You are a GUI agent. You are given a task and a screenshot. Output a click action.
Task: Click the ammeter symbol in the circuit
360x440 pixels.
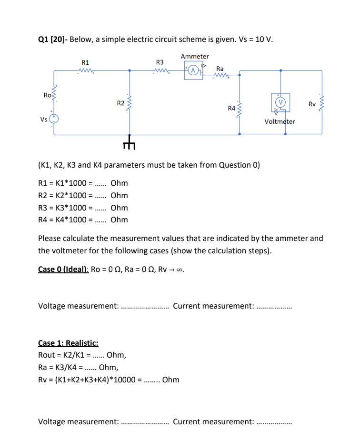(x=193, y=71)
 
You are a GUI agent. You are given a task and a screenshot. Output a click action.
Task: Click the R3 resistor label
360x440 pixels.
(x=160, y=62)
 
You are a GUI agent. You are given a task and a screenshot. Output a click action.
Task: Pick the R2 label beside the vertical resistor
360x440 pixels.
(x=121, y=103)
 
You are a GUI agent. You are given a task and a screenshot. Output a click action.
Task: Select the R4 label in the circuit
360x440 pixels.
(x=231, y=109)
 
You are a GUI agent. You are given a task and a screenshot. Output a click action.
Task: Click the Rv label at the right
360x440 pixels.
(x=312, y=104)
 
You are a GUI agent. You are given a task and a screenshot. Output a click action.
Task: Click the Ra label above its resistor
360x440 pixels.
(x=220, y=68)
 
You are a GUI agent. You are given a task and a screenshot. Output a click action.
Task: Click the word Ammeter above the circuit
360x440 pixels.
(x=195, y=57)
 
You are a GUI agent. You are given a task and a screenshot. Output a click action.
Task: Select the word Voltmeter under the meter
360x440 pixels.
(x=280, y=121)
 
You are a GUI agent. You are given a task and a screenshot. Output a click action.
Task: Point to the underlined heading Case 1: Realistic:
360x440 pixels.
(x=68, y=343)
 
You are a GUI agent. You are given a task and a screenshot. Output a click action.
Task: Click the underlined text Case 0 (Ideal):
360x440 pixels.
(x=63, y=269)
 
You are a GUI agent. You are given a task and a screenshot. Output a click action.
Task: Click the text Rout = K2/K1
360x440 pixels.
(x=64, y=355)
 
